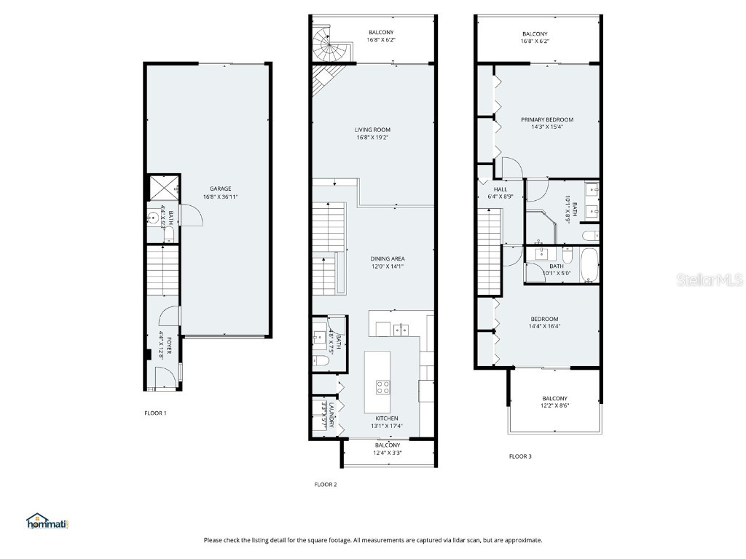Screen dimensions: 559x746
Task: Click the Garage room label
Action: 220,189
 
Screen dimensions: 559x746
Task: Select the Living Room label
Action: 373,130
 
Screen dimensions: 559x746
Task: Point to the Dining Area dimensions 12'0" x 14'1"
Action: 386,266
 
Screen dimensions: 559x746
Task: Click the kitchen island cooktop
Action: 382,386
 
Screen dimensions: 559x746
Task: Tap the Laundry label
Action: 331,414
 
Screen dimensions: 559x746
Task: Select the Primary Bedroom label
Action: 546,119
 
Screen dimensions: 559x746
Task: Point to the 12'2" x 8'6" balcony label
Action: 554,406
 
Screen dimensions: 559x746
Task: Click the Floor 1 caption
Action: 155,413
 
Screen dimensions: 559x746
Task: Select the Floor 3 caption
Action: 520,456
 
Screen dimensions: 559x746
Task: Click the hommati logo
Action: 47,521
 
